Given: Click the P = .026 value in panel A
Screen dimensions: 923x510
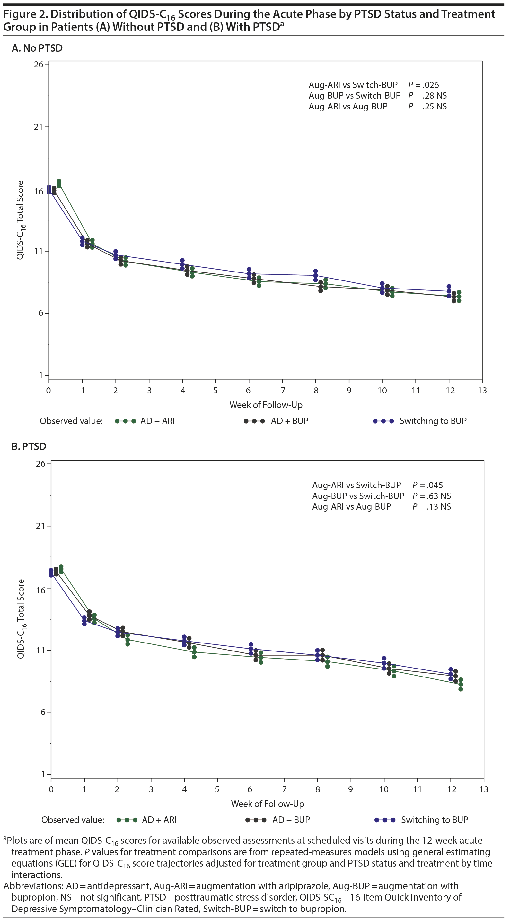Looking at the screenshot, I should [423, 85].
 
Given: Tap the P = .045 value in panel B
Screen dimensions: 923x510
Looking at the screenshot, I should [427, 485].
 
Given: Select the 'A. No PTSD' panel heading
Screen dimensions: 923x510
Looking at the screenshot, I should [37, 48].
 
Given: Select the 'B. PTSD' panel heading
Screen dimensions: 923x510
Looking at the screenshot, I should [29, 446].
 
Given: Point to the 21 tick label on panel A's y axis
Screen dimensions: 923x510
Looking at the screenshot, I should [38, 127].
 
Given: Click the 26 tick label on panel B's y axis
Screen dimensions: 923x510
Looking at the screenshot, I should [40, 464].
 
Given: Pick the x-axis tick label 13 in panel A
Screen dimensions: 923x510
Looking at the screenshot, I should [482, 391].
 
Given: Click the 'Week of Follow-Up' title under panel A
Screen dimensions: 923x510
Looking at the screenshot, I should [266, 405].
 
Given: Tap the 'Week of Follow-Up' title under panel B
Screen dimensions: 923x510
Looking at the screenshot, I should [268, 804].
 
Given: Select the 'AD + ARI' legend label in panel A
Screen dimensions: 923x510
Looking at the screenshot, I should [157, 421].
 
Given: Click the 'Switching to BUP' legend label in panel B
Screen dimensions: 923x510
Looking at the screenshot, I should [434, 820].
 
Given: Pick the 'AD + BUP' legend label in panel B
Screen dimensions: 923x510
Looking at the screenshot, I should [291, 820].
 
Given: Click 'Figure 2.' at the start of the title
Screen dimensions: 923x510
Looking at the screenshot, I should [25, 14].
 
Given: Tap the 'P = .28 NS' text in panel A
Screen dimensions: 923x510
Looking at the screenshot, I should [427, 96].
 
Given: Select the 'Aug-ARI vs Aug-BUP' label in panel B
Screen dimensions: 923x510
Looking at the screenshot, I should [351, 507].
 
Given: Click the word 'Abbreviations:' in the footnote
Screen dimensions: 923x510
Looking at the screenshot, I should [33, 886].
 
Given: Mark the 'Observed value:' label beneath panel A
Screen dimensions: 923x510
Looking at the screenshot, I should [71, 421].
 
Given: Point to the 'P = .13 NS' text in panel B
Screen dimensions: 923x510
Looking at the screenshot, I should [431, 507].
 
